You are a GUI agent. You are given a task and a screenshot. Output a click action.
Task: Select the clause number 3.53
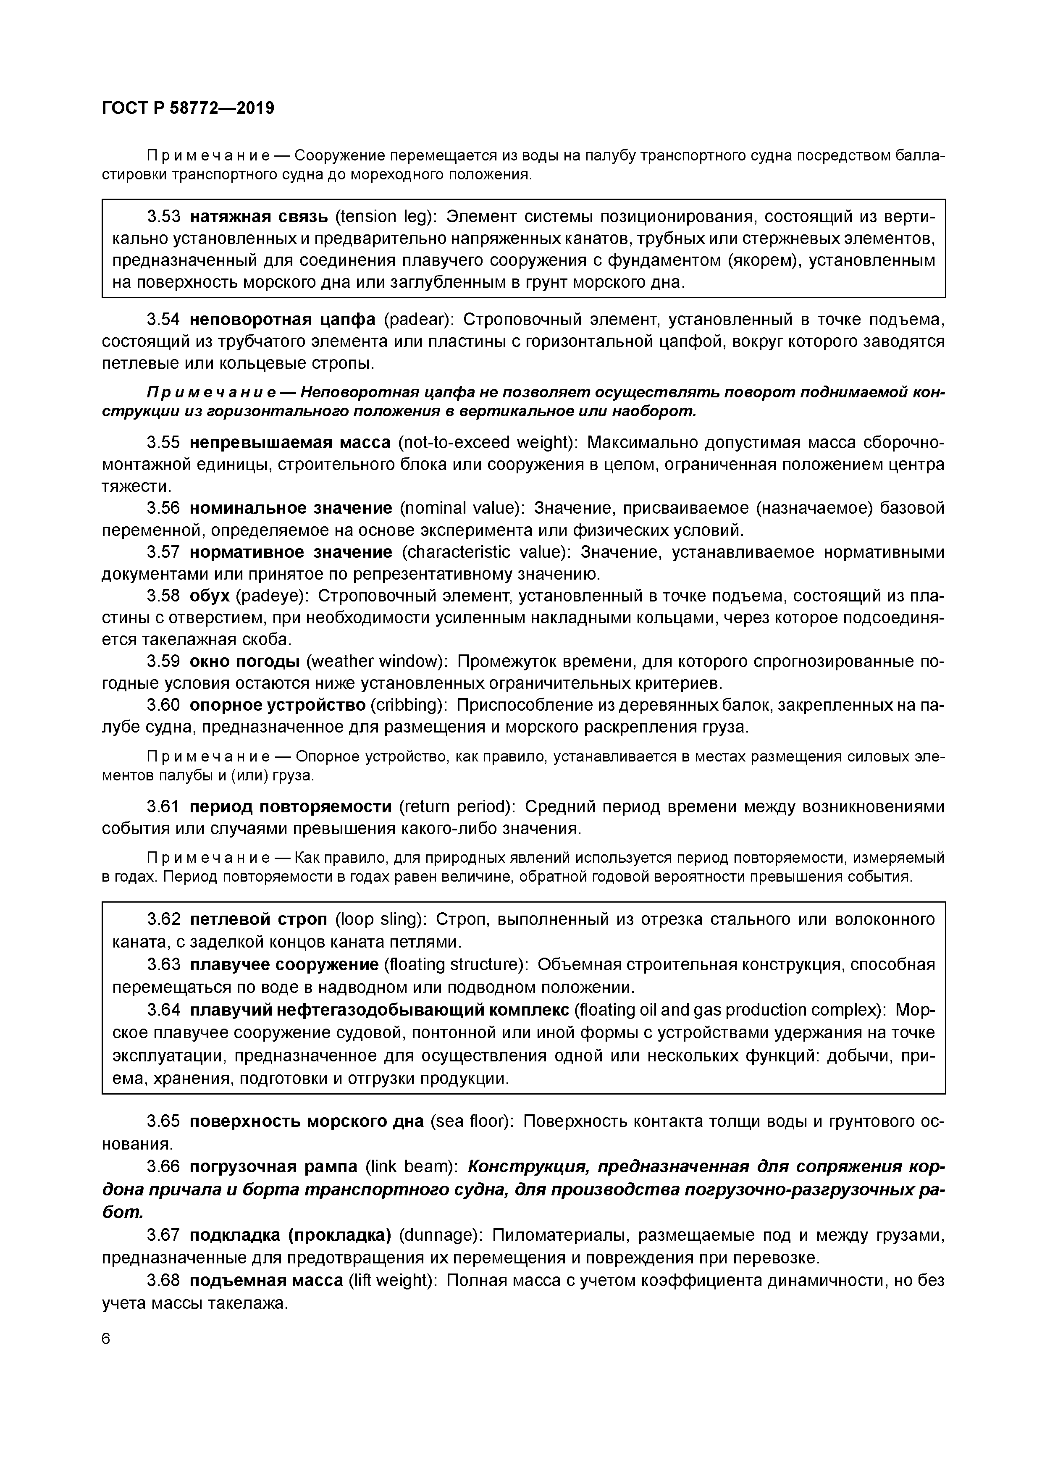pyautogui.click(x=164, y=217)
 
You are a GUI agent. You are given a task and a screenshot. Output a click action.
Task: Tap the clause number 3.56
pyautogui.click(x=164, y=508)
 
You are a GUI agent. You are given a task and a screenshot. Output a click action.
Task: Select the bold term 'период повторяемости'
pyautogui.click(x=291, y=806)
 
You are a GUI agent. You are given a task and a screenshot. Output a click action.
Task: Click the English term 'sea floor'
pyautogui.click(x=473, y=1121)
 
